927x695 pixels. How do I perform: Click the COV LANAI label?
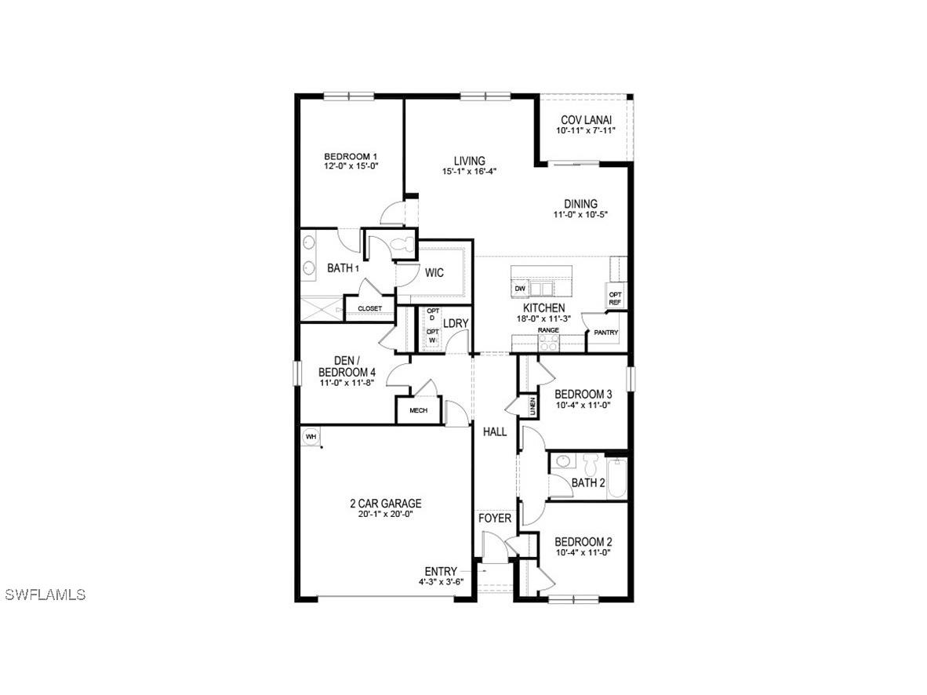coord(586,120)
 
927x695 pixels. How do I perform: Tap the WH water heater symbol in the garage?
coord(311,436)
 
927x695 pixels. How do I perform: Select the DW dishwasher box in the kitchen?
coord(519,289)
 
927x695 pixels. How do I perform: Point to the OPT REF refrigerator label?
coord(616,298)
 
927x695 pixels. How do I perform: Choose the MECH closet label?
coord(418,410)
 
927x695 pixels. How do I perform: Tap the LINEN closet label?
coord(533,406)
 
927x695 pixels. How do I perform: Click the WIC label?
coord(434,273)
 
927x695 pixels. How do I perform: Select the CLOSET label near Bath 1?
coord(369,309)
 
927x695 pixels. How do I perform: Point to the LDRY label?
coord(456,323)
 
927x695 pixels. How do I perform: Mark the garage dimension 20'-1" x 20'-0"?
coord(385,515)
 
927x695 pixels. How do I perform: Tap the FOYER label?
coord(495,519)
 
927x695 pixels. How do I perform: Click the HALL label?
coord(495,431)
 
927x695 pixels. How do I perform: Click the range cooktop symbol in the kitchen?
coord(548,342)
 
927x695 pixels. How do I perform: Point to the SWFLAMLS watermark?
coord(45,595)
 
